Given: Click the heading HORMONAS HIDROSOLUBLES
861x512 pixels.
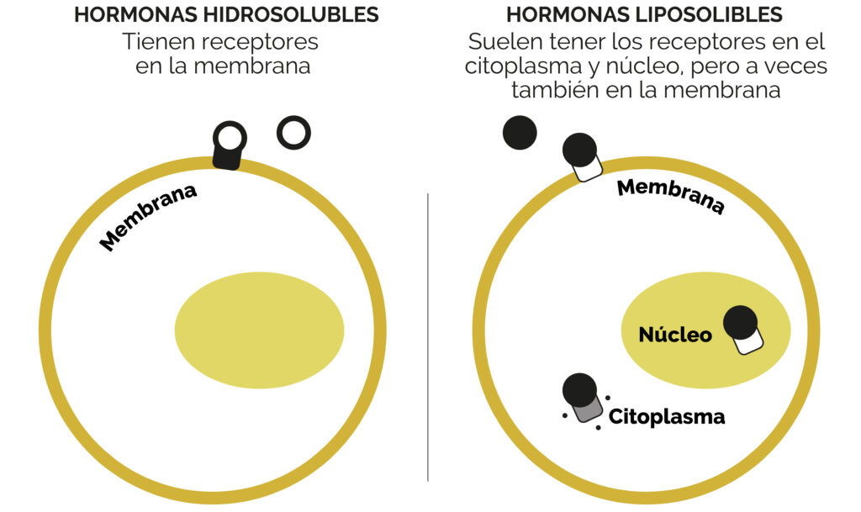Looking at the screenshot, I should click(x=226, y=15).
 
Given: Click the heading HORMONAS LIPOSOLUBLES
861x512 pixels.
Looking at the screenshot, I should click(x=644, y=15).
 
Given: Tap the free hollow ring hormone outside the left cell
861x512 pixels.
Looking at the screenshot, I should click(x=293, y=132).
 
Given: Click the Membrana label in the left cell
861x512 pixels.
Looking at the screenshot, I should click(x=148, y=217).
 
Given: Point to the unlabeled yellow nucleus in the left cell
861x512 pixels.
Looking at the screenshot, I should click(x=259, y=330).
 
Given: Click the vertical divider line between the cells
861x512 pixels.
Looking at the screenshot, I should click(x=428, y=336).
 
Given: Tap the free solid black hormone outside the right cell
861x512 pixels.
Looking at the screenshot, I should click(x=520, y=133).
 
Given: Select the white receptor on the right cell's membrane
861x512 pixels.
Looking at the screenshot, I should click(x=588, y=169).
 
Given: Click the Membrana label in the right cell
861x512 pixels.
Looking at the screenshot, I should click(x=670, y=196).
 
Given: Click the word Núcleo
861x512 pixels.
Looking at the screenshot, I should click(x=675, y=335).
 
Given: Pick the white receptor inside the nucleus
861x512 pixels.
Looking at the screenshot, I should click(x=747, y=342).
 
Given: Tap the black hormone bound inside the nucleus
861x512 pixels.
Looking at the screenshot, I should click(x=740, y=323).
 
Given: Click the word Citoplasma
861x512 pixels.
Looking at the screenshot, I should click(x=666, y=416).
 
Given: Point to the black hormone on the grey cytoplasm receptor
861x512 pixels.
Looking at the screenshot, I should click(x=579, y=389).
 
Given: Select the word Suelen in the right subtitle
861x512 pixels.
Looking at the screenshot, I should click(x=499, y=41).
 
